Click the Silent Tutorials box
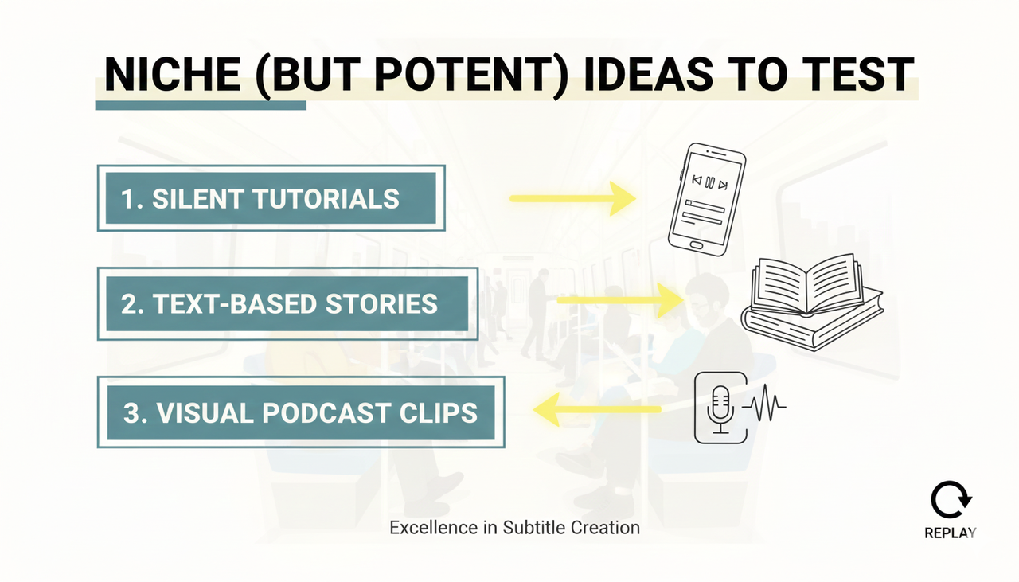point(271,198)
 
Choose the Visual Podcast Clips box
point(301,412)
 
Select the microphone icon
point(720,406)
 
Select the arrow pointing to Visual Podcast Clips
point(597,410)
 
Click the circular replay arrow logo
point(950,502)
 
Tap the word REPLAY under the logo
point(950,533)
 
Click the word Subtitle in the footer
point(533,527)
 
